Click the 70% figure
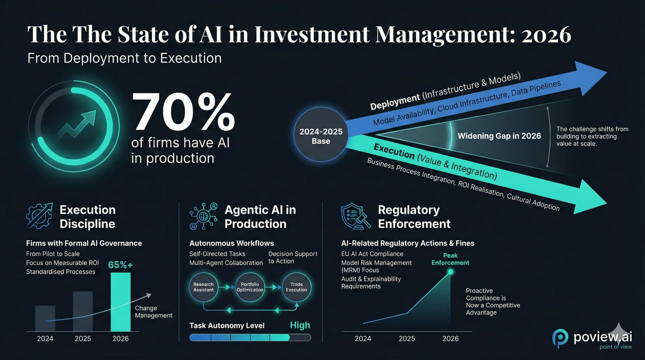[x=183, y=112]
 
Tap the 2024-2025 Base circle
[x=321, y=136]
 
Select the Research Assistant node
[x=203, y=287]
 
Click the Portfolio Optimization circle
[x=250, y=287]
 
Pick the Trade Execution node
[x=296, y=287]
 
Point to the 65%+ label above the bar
[x=120, y=265]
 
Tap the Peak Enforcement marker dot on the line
[x=450, y=272]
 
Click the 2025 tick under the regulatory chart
[x=406, y=339]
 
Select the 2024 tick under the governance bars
[x=45, y=339]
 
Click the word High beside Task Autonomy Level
[x=300, y=325]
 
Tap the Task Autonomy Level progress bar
[x=250, y=337]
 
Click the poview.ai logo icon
[x=560, y=338]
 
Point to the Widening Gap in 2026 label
[x=499, y=136]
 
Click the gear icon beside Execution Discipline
[x=39, y=216]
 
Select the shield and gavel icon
[x=355, y=216]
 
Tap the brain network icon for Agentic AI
[x=203, y=216]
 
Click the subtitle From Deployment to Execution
[x=124, y=58]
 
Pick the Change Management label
[x=154, y=312]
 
